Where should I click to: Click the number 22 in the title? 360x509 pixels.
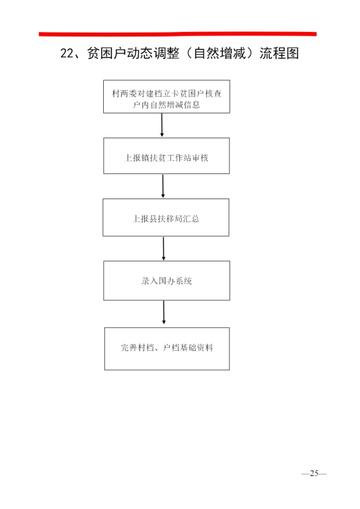67,54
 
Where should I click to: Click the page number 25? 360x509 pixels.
314,473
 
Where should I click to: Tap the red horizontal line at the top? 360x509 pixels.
177,34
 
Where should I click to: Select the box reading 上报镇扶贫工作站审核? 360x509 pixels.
167,156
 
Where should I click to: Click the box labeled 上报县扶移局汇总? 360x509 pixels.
166,218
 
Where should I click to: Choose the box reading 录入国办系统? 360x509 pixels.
167,281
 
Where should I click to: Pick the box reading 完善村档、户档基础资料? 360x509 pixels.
167,349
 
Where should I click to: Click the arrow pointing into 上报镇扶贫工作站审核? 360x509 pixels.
162,125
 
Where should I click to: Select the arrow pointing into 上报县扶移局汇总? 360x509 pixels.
163,186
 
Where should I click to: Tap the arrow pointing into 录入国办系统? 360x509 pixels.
163,248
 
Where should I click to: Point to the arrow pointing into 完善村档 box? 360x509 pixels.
164,312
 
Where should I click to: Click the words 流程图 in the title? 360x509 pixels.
279,54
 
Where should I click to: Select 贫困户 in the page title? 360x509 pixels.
106,54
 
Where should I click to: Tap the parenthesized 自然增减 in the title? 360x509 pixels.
220,54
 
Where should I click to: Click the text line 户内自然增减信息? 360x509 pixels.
167,105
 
